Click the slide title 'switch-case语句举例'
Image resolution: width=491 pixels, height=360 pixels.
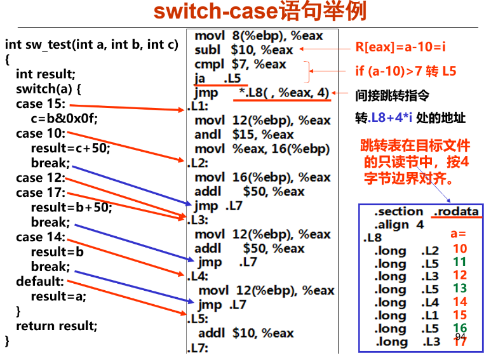[259, 12]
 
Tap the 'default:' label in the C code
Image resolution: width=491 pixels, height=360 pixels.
[40, 281]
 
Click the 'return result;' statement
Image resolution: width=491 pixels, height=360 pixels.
[57, 326]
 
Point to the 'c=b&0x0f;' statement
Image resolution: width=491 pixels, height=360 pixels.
[64, 119]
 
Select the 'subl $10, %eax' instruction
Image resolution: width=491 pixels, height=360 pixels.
[244, 50]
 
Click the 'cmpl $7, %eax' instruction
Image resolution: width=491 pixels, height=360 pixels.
[240, 64]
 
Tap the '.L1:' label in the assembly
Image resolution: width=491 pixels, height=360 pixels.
[198, 106]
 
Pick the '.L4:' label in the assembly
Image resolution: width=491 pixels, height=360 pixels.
[198, 276]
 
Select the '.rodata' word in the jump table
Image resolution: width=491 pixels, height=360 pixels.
[456, 211]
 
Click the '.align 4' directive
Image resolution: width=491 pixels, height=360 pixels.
[399, 225]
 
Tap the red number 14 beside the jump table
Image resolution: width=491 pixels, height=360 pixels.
[460, 302]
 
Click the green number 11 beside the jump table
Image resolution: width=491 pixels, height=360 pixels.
[460, 262]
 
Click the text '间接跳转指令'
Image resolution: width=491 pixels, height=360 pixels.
[392, 96]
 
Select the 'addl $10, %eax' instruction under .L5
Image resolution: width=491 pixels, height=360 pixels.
[246, 333]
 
